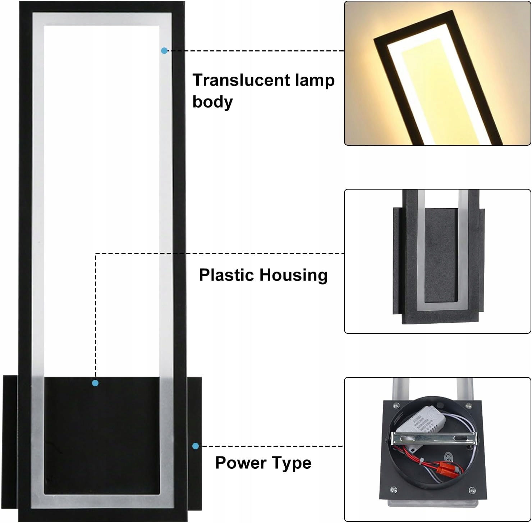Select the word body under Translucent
point(212,102)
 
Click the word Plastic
point(227,275)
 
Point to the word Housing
point(293,275)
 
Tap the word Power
point(240,463)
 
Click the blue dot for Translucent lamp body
point(164,51)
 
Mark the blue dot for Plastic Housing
point(95,383)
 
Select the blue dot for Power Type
point(196,446)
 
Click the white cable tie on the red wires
point(421,460)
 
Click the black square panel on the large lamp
point(102,435)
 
